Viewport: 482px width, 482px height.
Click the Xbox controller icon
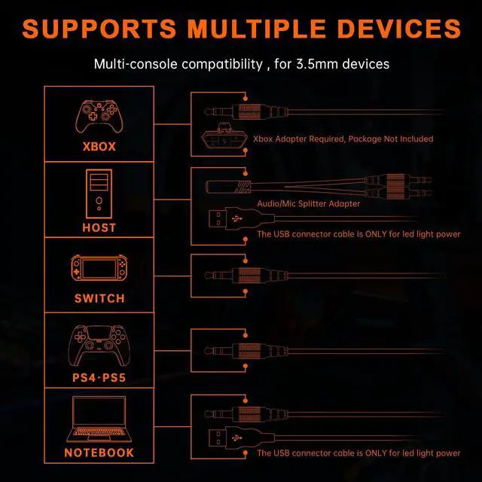tap(99, 117)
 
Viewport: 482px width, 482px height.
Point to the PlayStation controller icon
tap(99, 346)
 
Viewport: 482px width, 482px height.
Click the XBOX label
tap(99, 147)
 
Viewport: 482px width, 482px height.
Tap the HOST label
tap(99, 227)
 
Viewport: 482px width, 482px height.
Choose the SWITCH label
tap(99, 298)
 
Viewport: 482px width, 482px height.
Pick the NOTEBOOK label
tap(99, 453)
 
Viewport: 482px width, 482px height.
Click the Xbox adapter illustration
tap(226, 139)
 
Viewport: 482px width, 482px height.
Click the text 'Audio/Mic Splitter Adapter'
tap(307, 204)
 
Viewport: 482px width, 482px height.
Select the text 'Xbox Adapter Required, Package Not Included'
tap(343, 139)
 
